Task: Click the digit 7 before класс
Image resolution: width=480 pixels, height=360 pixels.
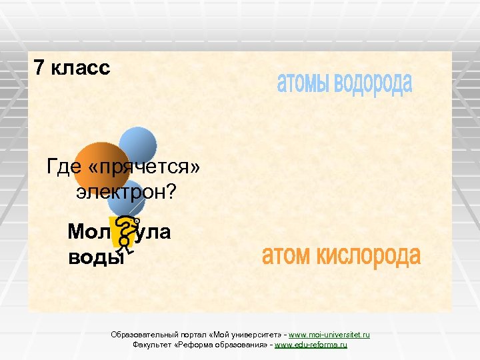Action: (39, 68)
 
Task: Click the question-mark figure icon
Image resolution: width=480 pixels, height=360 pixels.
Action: (126, 235)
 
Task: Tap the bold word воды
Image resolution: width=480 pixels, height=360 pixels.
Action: (95, 257)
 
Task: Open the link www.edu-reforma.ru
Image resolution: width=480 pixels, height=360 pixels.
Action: (311, 345)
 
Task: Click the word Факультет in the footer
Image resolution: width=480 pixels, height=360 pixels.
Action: (152, 345)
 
